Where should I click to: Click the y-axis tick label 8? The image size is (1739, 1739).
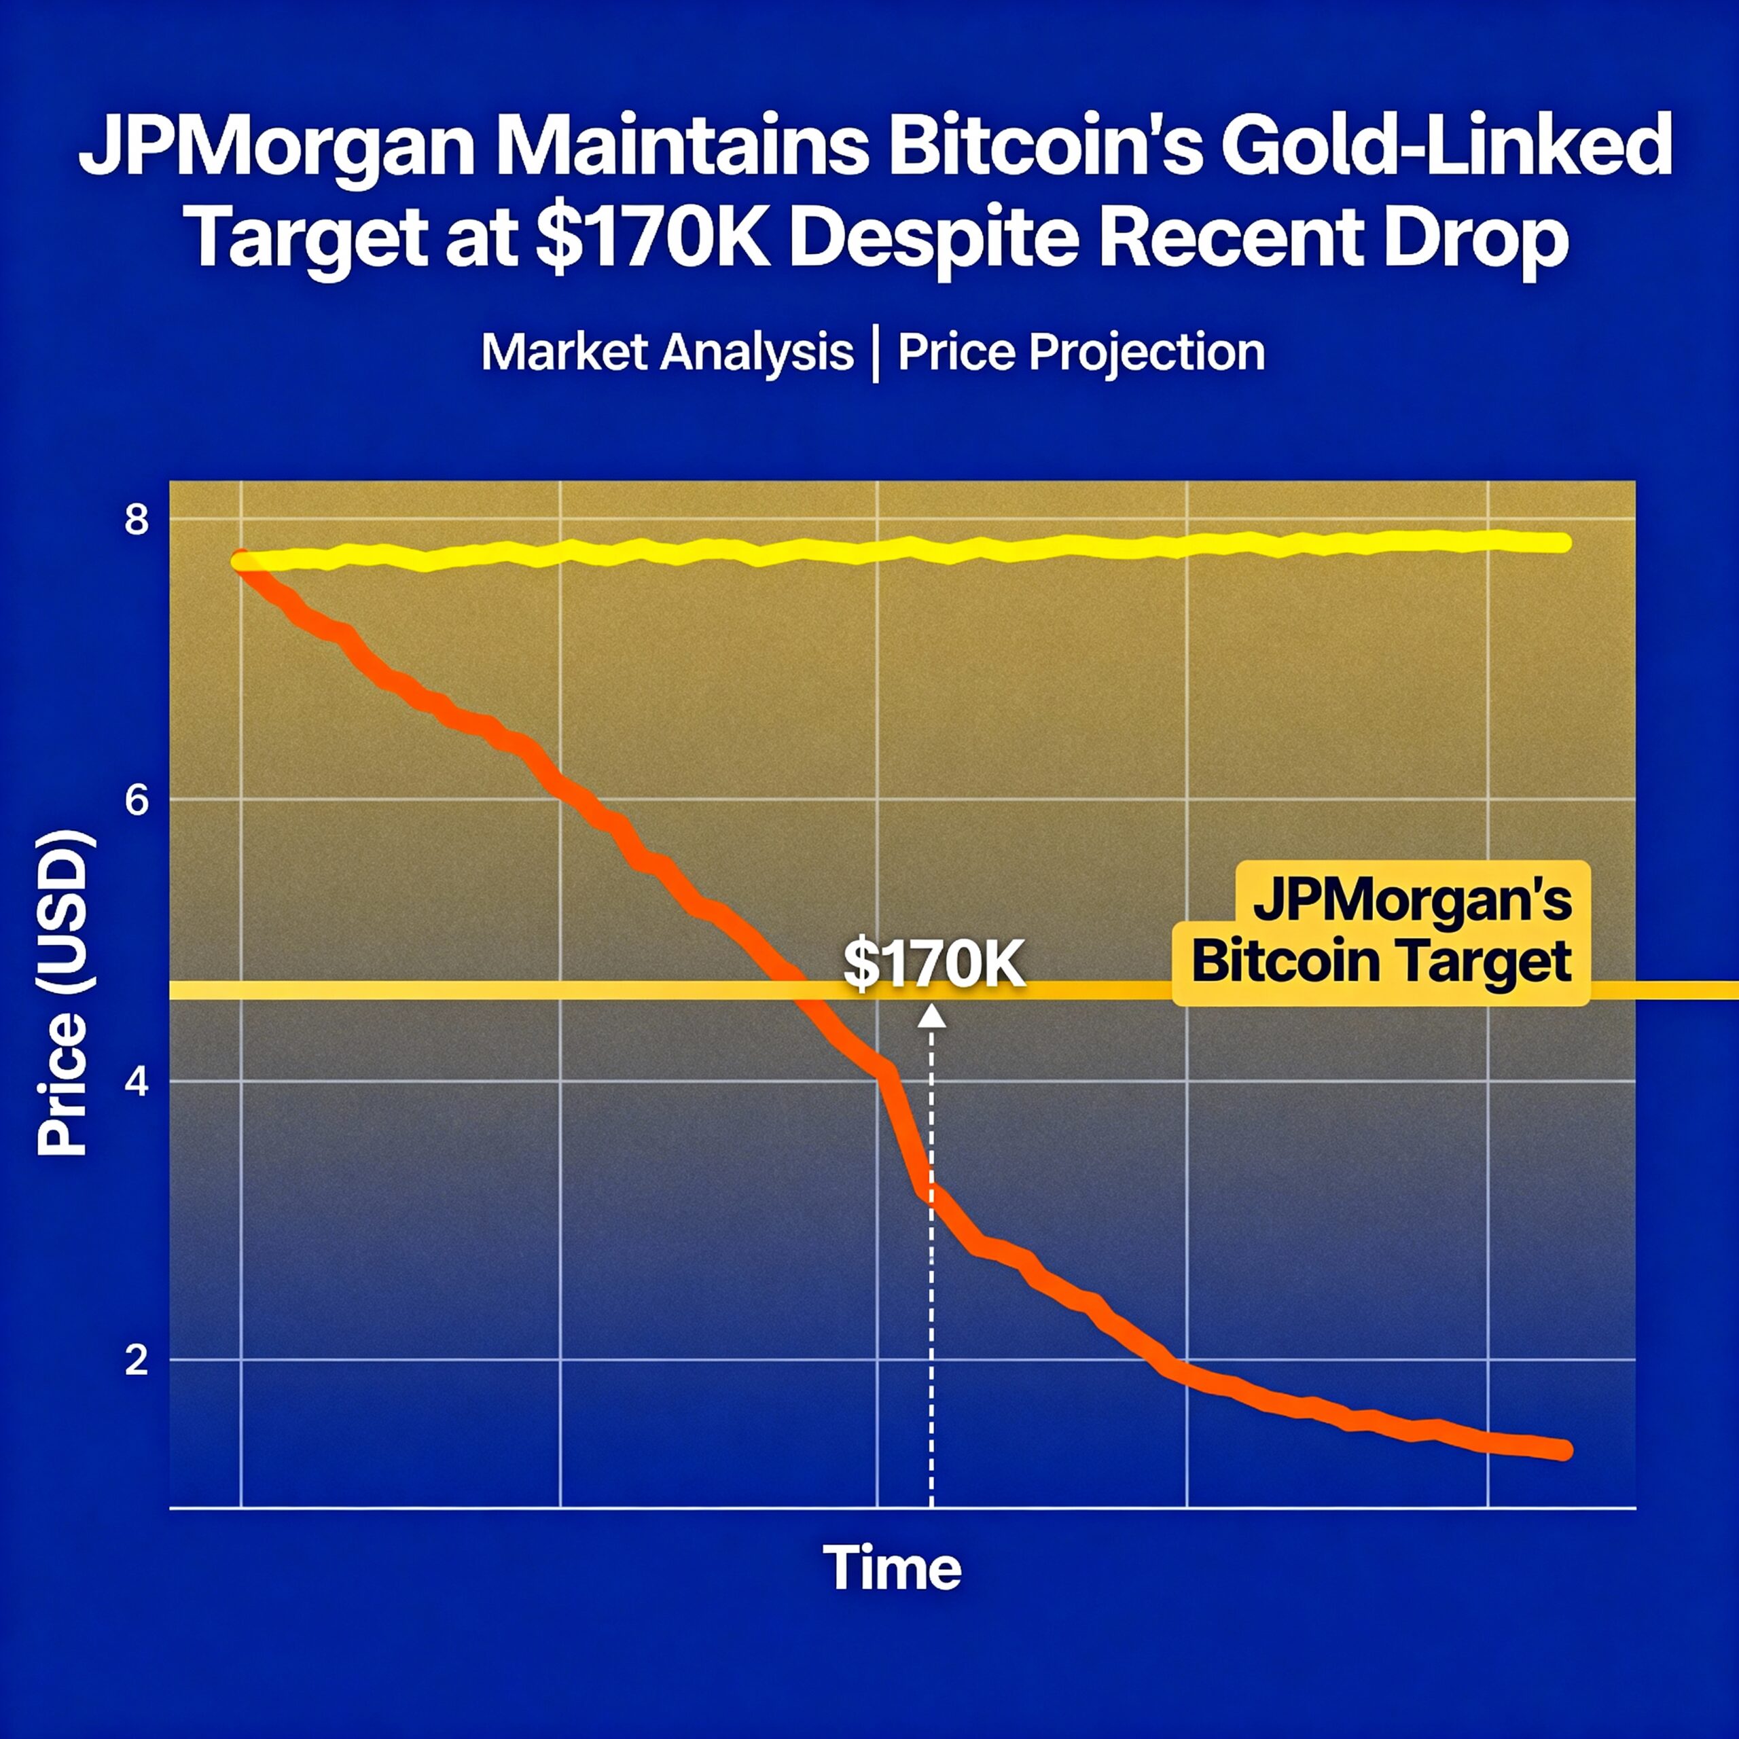point(137,520)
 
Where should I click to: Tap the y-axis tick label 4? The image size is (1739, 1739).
point(137,1081)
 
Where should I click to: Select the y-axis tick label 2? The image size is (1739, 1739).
point(137,1360)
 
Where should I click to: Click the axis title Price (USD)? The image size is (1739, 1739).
point(63,994)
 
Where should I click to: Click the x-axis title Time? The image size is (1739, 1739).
point(891,1567)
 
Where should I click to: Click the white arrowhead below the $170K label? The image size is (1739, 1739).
point(931,1016)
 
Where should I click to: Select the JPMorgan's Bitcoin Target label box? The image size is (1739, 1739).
point(1382,933)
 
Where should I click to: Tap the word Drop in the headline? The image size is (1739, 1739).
point(1476,240)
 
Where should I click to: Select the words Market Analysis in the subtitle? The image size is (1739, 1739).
point(667,352)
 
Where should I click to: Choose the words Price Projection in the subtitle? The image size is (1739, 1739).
point(1081,352)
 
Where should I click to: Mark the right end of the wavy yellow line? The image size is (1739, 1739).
point(1564,542)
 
